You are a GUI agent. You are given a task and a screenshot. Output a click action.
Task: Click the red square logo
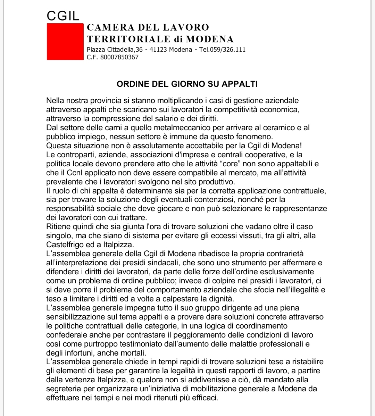(x=65, y=42)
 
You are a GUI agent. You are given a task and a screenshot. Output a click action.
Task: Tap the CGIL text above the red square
(x=63, y=15)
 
